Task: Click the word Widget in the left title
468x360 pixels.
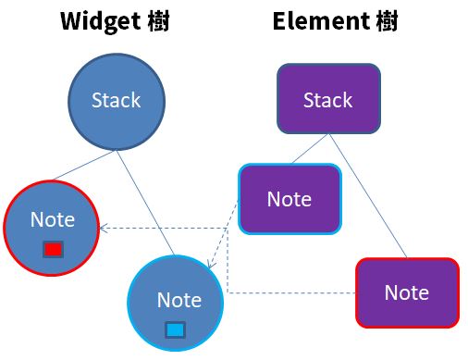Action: [96, 22]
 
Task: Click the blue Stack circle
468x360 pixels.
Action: [117, 100]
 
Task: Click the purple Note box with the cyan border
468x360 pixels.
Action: [289, 199]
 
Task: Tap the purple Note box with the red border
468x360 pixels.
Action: [407, 292]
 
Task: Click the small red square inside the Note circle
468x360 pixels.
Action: [53, 250]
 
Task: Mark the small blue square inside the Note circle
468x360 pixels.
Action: [175, 329]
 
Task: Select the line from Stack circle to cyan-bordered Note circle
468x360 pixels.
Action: [145, 199]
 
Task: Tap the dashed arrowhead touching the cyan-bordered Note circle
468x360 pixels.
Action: [212, 267]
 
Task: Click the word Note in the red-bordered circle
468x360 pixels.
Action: [52, 219]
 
